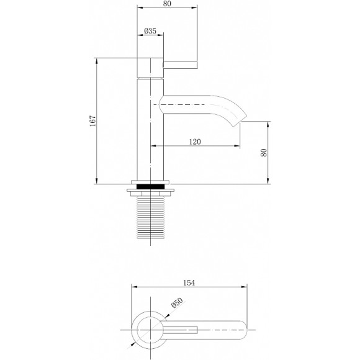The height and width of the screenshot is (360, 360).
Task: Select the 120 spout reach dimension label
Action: [x=194, y=142]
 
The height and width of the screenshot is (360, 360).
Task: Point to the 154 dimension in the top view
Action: [x=189, y=283]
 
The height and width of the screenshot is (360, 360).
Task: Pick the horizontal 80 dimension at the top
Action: [x=168, y=3]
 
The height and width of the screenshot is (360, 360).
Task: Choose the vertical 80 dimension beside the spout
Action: [x=264, y=152]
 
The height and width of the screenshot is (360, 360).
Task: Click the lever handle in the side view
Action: [x=180, y=64]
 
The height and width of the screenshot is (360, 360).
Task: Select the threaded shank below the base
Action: [x=151, y=217]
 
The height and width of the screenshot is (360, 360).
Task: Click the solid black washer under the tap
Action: [x=151, y=186]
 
